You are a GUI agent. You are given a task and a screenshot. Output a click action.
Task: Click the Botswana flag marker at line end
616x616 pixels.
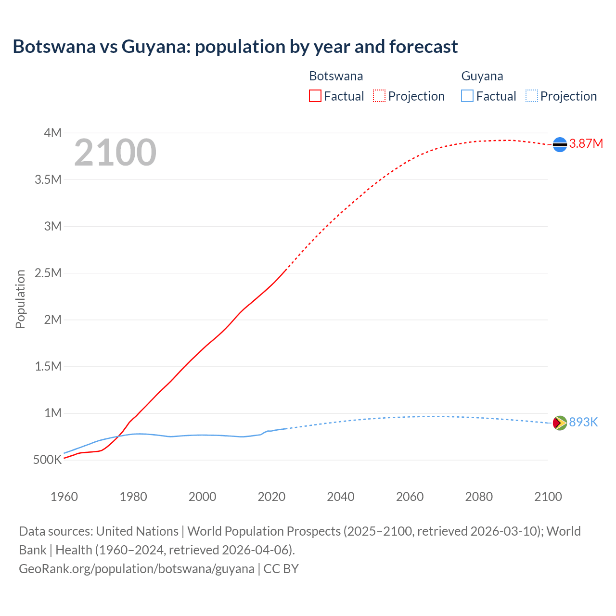click(x=560, y=144)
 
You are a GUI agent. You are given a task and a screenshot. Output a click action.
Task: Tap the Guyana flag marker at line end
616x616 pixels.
click(x=560, y=423)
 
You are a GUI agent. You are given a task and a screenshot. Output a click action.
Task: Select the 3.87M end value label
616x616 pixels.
click(x=586, y=144)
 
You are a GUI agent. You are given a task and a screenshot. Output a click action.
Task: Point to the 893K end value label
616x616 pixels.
click(x=583, y=422)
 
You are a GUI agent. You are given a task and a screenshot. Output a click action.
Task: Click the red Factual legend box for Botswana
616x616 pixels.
click(x=315, y=96)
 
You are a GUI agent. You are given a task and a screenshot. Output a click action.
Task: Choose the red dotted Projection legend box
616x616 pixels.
click(x=379, y=96)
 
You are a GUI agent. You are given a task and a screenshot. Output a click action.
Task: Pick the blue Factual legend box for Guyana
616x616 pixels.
click(x=467, y=96)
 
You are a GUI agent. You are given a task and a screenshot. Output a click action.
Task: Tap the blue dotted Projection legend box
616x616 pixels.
click(x=531, y=96)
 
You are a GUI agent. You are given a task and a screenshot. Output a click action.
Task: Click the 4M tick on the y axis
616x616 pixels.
click(x=53, y=133)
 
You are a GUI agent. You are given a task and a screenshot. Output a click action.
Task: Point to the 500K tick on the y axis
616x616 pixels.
click(x=48, y=460)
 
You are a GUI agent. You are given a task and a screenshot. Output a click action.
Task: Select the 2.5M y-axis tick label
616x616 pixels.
click(x=48, y=273)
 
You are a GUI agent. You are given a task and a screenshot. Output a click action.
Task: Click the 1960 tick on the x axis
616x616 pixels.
click(x=64, y=497)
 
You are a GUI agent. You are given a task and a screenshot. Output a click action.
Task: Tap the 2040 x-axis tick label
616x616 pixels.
click(x=341, y=497)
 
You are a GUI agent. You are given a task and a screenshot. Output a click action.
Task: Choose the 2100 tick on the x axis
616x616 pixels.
click(x=548, y=497)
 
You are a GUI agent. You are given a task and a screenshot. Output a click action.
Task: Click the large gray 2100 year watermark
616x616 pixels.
click(x=115, y=153)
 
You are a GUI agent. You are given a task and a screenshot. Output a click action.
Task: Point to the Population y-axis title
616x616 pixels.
click(x=20, y=299)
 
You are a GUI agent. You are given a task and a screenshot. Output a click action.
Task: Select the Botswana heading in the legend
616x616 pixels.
click(x=336, y=76)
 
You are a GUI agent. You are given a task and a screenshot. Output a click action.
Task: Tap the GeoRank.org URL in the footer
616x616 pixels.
click(x=136, y=568)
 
